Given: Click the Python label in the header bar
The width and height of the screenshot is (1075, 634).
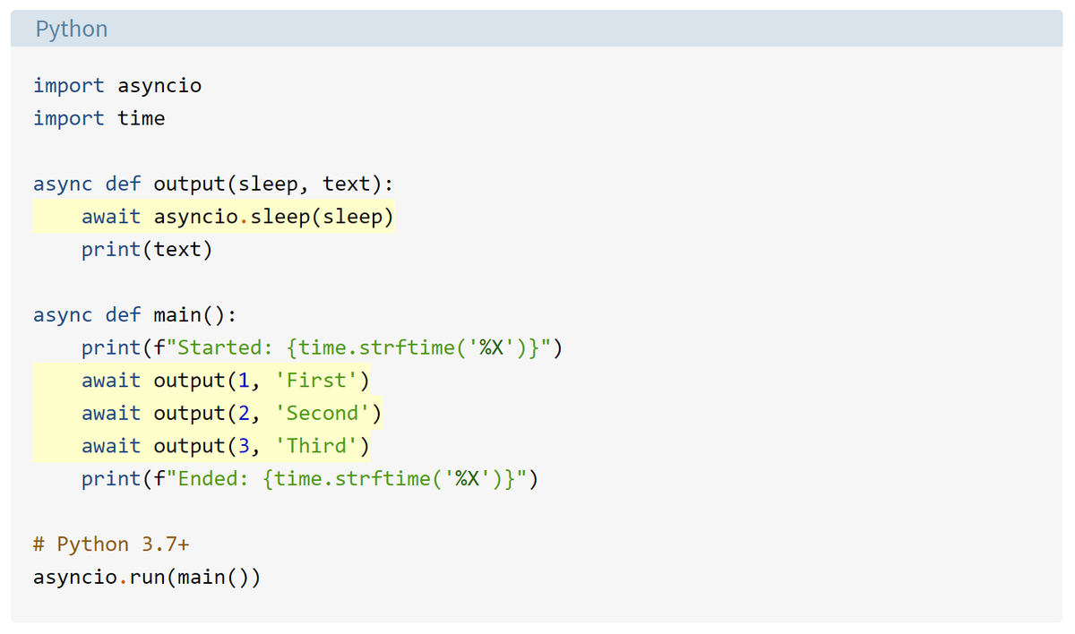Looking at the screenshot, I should tap(72, 29).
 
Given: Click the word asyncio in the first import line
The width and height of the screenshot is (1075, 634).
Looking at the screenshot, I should tap(159, 86).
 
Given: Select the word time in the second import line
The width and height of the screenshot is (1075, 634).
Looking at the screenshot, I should tap(142, 118).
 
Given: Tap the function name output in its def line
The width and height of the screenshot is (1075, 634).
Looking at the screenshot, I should tap(189, 184).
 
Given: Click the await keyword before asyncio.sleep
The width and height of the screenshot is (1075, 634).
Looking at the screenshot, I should tap(111, 217).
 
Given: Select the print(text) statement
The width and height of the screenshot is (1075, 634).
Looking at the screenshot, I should tap(147, 249).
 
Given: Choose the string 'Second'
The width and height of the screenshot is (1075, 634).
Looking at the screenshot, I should tap(322, 413).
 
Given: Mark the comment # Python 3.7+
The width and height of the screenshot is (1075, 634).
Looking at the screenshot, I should tap(111, 544).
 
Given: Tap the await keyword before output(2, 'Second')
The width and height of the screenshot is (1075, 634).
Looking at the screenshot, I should tap(111, 413).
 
